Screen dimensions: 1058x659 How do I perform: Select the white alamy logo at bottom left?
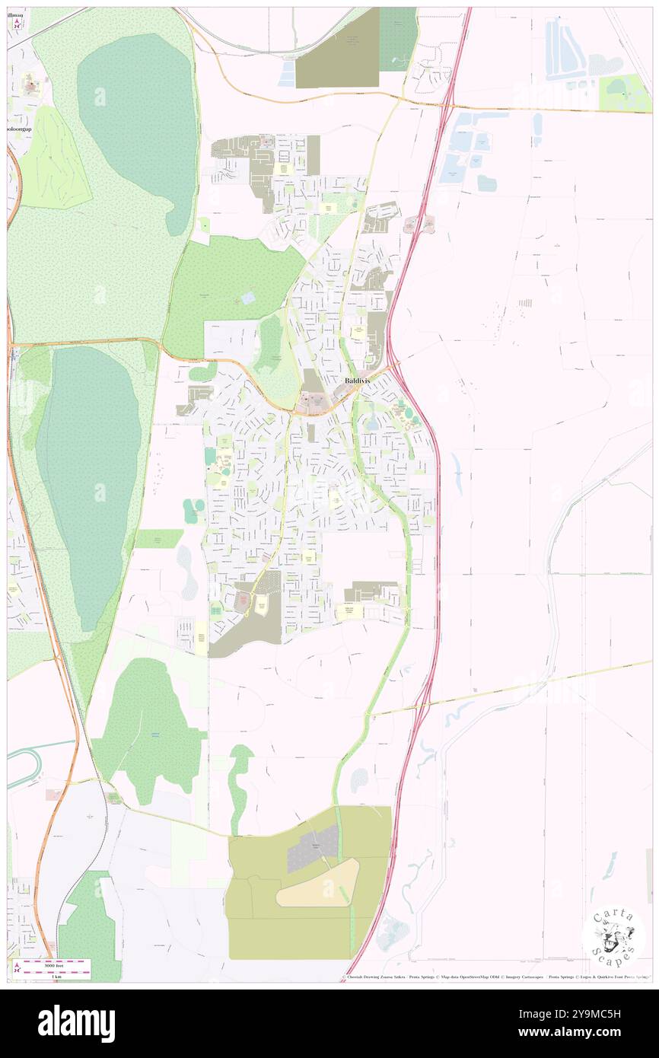[76, 1023]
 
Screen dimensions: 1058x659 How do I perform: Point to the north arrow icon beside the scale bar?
[16, 969]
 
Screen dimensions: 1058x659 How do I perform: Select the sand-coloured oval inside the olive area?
[318, 884]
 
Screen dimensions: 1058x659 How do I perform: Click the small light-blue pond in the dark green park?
[248, 298]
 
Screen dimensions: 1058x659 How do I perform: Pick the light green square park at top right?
[624, 94]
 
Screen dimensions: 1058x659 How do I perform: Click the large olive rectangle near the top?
[336, 48]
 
